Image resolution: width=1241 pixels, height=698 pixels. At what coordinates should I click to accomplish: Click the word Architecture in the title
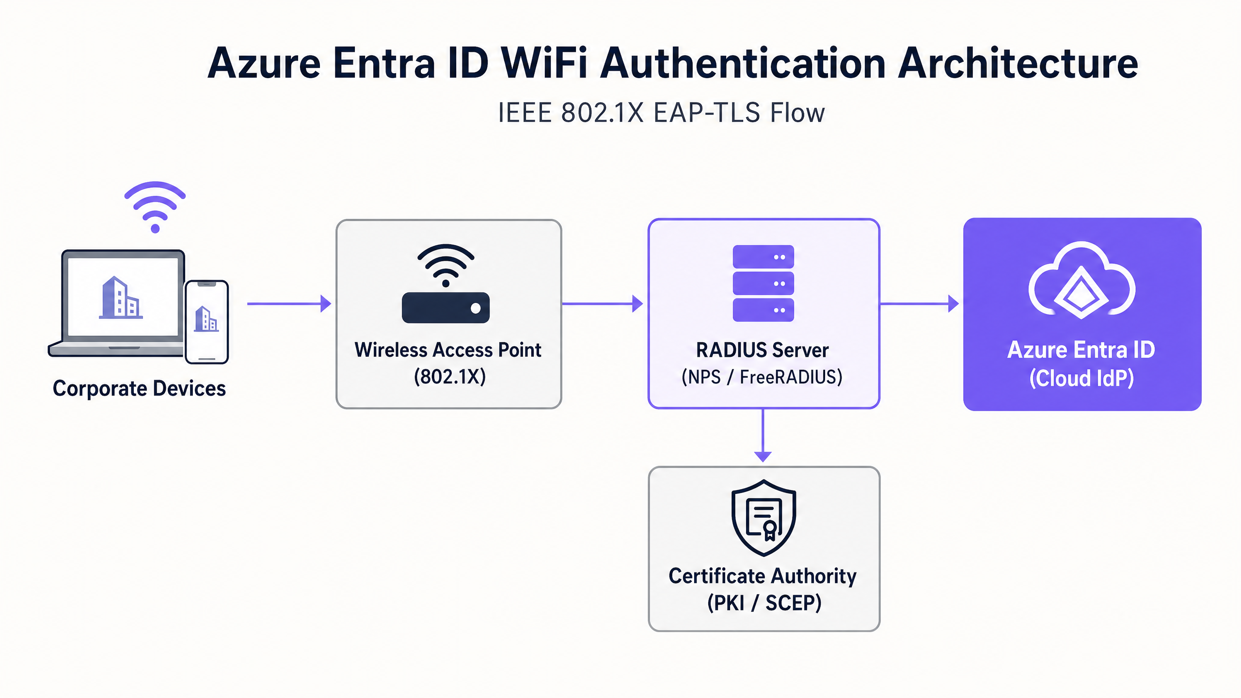[1017, 63]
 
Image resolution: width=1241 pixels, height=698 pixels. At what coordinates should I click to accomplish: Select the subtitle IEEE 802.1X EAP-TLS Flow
[661, 113]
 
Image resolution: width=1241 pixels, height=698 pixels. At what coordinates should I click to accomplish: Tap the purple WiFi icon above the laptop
[155, 206]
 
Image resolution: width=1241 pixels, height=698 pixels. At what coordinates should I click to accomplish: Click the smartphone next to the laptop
[207, 322]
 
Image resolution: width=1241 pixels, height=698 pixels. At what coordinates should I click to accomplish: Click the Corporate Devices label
[139, 388]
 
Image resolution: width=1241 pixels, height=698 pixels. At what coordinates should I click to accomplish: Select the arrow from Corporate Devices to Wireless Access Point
[289, 304]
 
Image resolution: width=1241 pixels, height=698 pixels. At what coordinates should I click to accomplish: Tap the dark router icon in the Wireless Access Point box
[445, 307]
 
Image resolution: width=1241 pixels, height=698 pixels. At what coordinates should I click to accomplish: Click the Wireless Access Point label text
[448, 350]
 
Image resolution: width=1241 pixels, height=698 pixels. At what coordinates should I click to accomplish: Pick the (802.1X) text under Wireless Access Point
[449, 377]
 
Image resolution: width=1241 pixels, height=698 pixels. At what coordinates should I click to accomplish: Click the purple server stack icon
[763, 283]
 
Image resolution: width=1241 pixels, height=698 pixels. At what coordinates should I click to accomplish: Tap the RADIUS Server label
[762, 350]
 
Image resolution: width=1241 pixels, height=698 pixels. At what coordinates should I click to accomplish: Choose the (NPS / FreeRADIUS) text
[762, 377]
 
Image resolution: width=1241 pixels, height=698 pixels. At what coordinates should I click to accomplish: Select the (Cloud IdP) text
[1082, 378]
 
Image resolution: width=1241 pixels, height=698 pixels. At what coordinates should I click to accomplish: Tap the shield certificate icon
[764, 517]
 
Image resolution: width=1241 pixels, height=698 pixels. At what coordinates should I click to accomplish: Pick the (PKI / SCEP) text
[764, 603]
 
